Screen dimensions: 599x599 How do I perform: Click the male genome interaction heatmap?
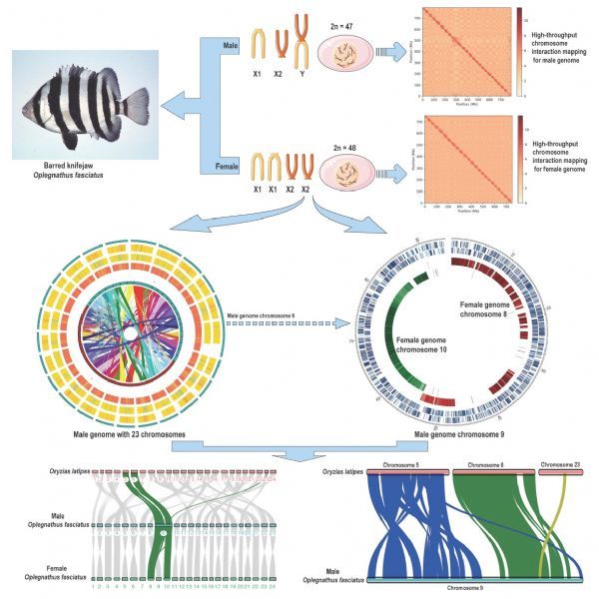tap(467, 52)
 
